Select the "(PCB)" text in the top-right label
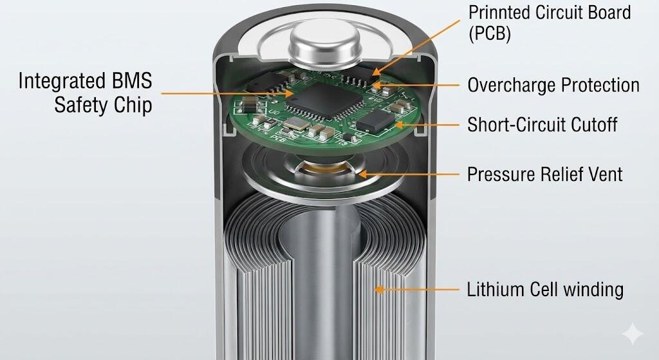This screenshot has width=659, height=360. pos(490,33)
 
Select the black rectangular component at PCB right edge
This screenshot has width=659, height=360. pos(375,119)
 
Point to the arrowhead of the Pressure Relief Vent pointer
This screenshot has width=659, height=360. pos(361,173)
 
